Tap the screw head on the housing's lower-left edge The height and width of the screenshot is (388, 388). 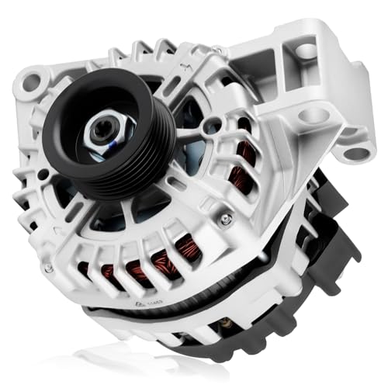[x=49, y=266]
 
